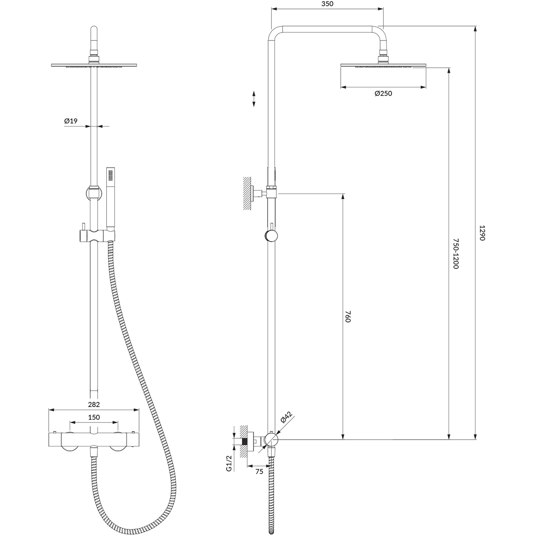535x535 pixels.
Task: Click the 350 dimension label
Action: pos(327,4)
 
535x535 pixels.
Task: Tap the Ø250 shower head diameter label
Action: pos(383,94)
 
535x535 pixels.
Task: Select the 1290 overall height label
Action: pos(482,233)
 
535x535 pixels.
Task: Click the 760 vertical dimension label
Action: pos(348,316)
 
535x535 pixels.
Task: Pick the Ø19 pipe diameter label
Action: pos(71,121)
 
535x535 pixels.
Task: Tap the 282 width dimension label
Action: pos(94,405)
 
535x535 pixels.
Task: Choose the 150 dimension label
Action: pos(94,417)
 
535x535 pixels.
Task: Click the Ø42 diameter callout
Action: pos(287,418)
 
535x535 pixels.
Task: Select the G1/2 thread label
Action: pos(229,463)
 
